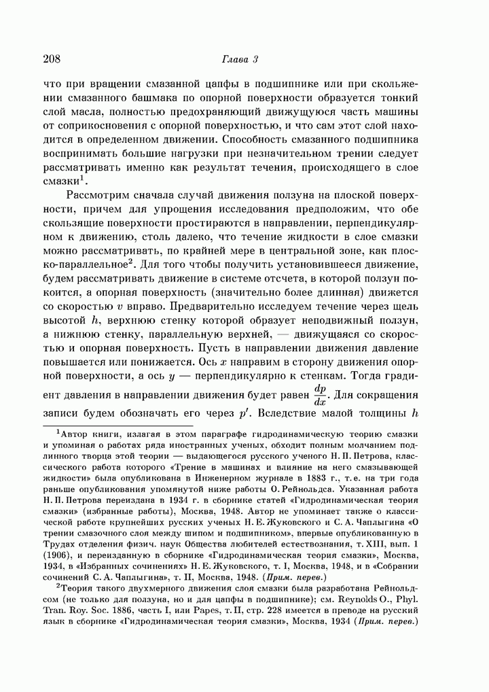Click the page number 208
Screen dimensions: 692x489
pos(52,59)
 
